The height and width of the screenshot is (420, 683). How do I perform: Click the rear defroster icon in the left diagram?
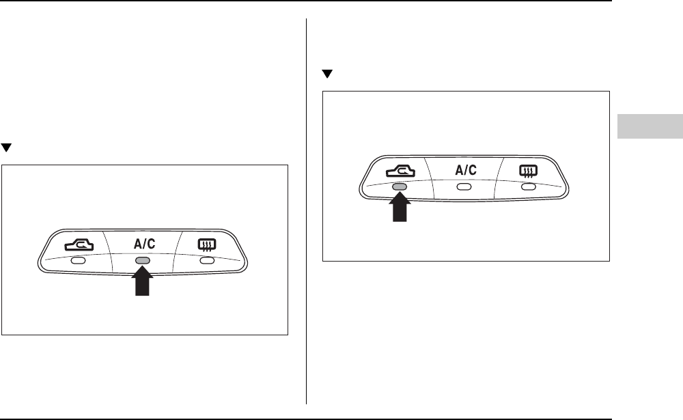coord(206,244)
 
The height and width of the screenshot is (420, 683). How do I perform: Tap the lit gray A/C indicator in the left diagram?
coord(142,260)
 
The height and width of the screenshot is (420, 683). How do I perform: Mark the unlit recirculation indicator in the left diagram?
coord(79,260)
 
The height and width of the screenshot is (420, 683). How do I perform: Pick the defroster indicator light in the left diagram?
coord(206,260)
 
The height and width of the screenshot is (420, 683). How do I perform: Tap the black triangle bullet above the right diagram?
coord(326,74)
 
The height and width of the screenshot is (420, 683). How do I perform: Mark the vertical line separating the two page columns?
coord(307,205)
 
